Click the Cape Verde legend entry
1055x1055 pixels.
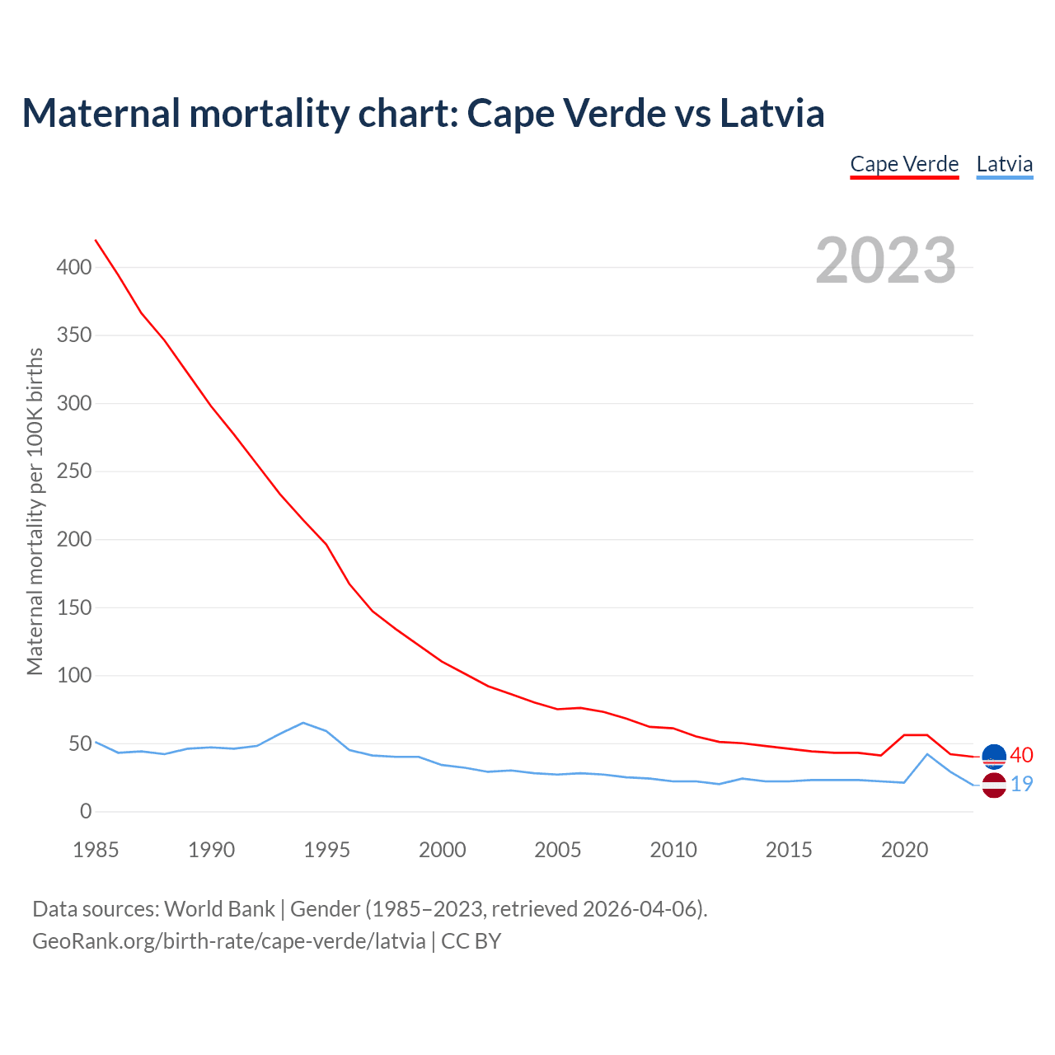click(904, 164)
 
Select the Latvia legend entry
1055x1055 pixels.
click(1004, 164)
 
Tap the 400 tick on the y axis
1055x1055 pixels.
click(75, 268)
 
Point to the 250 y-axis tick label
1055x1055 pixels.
click(75, 471)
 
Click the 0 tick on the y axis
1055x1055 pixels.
click(86, 812)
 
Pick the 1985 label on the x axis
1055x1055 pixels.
click(96, 850)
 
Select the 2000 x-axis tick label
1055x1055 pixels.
click(443, 850)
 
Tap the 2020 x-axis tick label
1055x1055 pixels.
click(904, 850)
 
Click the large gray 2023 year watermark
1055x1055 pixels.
click(885, 260)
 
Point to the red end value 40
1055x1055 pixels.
click(1021, 755)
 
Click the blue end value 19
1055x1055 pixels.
click(1021, 785)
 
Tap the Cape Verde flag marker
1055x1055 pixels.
click(994, 756)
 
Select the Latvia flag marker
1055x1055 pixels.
click(994, 785)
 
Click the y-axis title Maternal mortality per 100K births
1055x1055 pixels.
click(35, 511)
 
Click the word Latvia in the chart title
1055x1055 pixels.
click(771, 113)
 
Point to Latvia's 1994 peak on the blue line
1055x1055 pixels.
click(303, 723)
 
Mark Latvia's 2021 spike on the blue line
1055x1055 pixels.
click(927, 754)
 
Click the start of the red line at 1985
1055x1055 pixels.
click(96, 240)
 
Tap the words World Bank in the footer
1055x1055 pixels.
click(219, 909)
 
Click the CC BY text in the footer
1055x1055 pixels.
click(471, 941)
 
